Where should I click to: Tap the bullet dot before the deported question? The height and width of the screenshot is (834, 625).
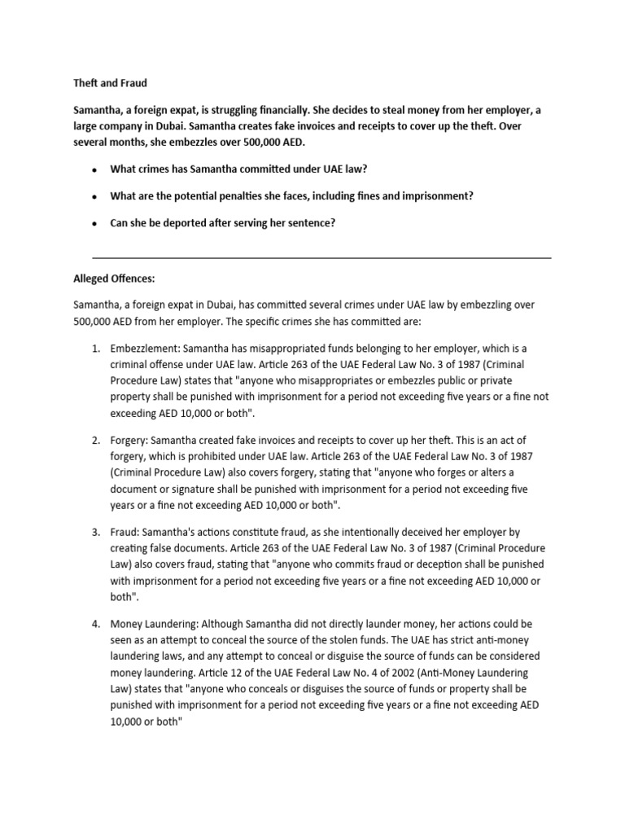95,223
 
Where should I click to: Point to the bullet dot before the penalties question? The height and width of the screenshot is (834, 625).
95,196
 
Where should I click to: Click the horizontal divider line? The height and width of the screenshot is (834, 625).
322,258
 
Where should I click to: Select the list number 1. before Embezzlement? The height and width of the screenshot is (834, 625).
96,349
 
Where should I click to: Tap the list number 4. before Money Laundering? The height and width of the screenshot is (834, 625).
96,624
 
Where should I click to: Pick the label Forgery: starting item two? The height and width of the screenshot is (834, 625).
129,441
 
